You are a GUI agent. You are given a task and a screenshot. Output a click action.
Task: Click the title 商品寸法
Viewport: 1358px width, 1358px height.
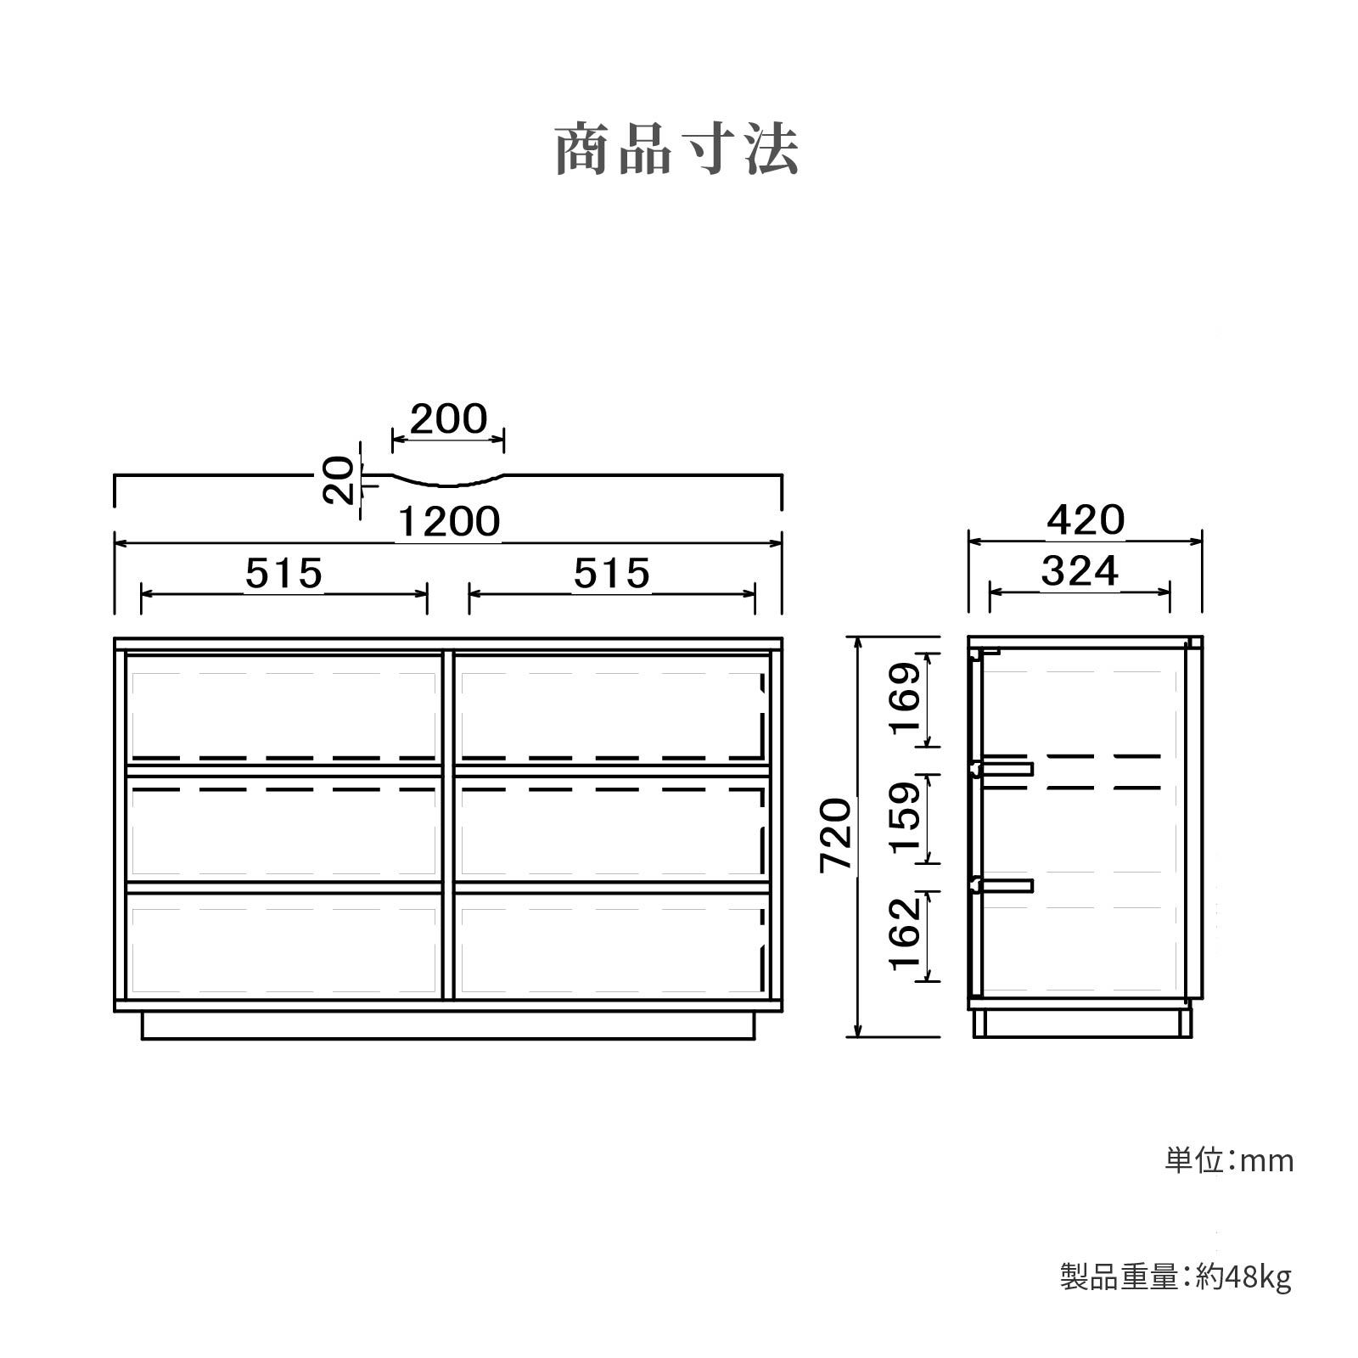677,150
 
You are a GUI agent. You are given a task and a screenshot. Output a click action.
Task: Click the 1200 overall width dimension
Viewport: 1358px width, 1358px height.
449,522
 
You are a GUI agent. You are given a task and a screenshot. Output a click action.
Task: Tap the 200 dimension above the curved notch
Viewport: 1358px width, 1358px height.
449,419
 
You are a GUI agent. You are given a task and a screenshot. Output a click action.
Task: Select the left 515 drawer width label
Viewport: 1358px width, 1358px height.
284,574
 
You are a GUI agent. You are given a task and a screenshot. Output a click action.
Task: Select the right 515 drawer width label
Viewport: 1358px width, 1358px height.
612,574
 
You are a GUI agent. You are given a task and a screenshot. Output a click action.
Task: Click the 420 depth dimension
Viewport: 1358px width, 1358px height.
1086,520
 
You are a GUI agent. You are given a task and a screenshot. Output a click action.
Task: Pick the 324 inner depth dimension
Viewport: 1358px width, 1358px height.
1080,571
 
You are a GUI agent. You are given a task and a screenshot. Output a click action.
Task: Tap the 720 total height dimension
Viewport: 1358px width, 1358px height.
836,834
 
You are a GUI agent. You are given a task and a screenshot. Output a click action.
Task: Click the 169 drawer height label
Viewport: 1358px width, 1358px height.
905,699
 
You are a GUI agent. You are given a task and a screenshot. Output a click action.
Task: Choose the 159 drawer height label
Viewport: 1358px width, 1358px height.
905,817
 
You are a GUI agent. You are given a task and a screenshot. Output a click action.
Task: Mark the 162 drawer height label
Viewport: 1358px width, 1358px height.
905,932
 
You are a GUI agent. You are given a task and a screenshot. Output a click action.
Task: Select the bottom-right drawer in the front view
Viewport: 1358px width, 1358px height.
612,943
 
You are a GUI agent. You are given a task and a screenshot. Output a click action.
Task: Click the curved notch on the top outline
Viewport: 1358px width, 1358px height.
448,480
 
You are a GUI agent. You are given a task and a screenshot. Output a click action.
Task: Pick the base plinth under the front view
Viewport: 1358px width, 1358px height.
448,1025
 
